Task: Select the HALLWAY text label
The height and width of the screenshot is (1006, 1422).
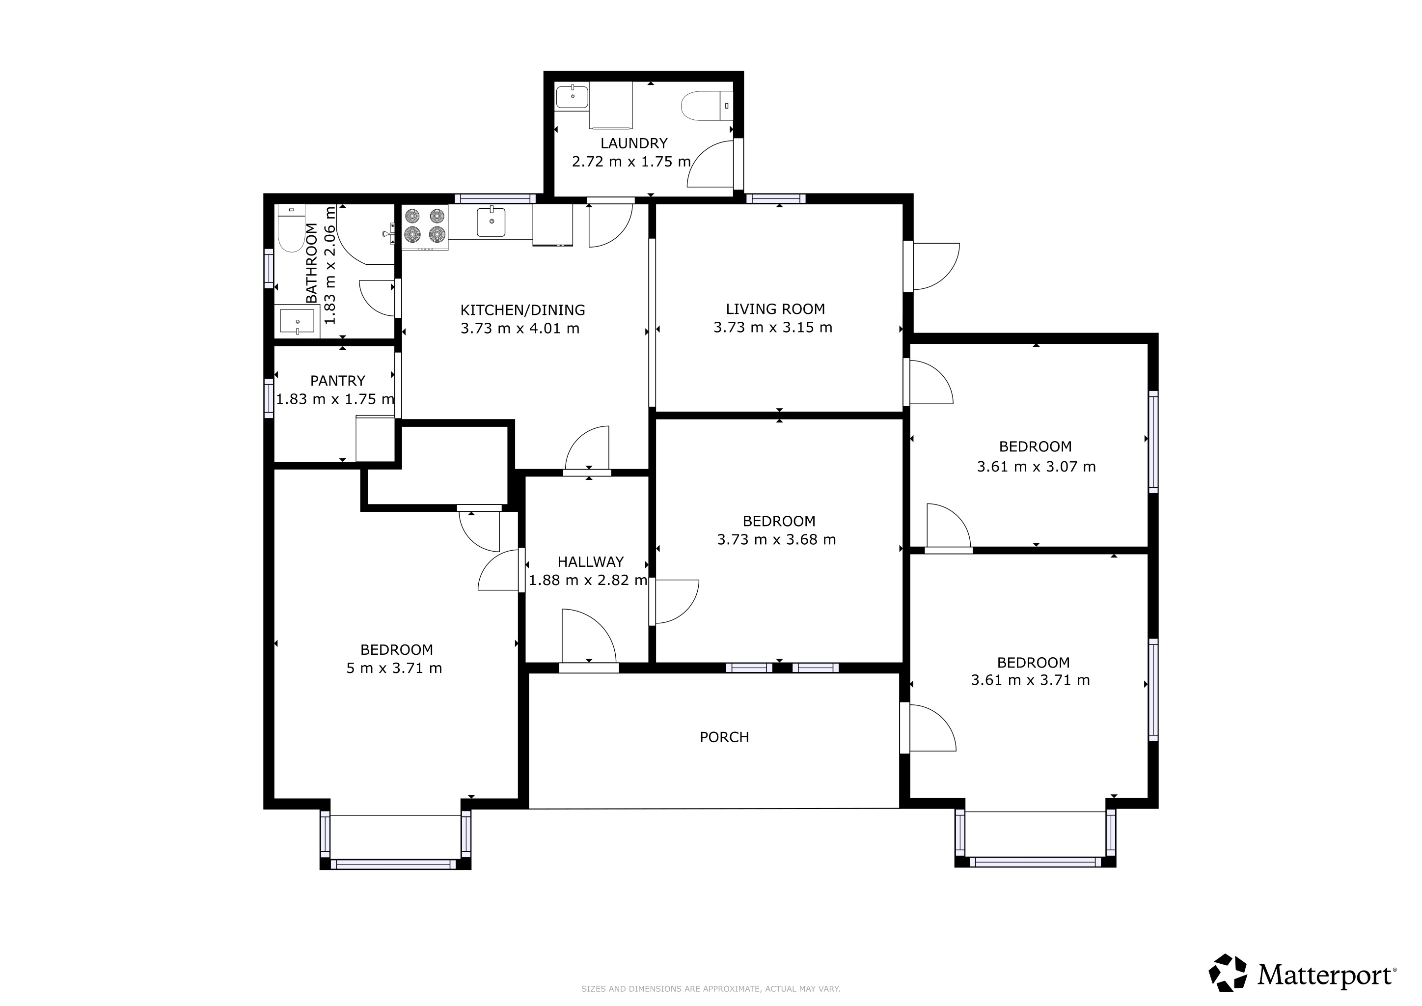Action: [x=590, y=562]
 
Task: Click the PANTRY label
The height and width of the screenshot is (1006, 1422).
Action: [x=337, y=380]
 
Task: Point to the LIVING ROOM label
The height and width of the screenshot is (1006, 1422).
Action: [x=775, y=308]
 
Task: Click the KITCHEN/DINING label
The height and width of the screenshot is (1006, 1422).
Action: [x=523, y=310]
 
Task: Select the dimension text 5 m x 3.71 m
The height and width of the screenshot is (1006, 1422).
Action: [x=394, y=668]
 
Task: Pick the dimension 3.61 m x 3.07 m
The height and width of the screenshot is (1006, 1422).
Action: [x=1036, y=467]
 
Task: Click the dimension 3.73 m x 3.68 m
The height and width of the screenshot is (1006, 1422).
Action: [x=777, y=539]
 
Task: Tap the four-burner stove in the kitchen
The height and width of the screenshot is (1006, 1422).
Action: [x=425, y=227]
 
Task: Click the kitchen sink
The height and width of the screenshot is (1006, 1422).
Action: [x=491, y=222]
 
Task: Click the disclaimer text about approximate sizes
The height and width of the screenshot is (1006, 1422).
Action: [x=711, y=989]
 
